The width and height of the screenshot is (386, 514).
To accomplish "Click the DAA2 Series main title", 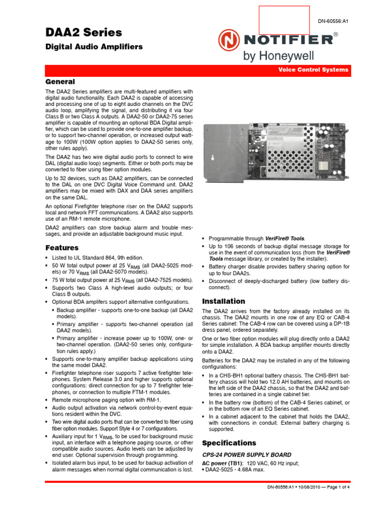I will (x=83, y=33).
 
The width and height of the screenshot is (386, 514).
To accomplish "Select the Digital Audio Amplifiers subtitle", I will (x=94, y=47).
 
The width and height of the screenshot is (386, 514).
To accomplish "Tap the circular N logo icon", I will (x=228, y=39).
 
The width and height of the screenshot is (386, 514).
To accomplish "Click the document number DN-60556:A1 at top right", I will (x=333, y=21).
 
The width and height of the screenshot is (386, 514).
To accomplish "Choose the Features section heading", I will (x=62, y=247).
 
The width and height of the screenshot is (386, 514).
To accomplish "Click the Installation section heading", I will (x=223, y=301).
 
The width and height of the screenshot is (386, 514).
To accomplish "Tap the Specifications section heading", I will (x=229, y=443).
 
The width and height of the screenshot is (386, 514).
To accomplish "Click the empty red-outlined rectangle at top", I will (x=284, y=20).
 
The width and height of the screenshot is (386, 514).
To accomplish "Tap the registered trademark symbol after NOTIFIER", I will (x=335, y=34).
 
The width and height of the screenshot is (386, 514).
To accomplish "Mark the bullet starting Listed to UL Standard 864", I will (x=93, y=258).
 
